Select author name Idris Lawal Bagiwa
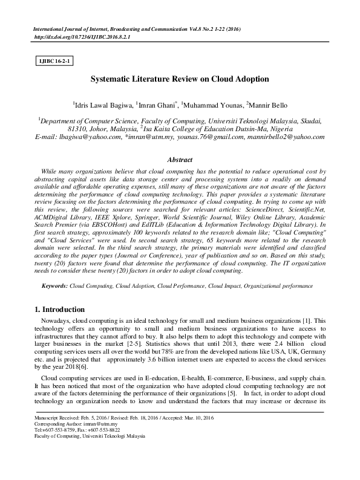pos(102,104)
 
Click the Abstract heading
pos(180,160)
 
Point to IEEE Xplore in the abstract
pos(119,215)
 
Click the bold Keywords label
pos(51,283)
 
